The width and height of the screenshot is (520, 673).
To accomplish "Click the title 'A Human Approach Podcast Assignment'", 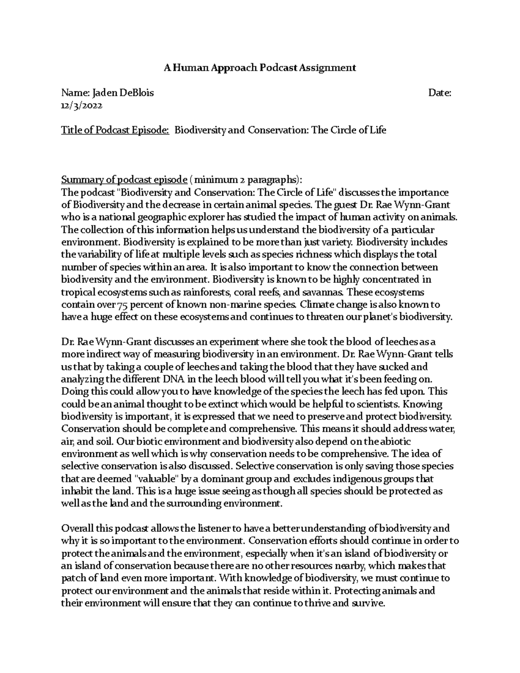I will (260, 68).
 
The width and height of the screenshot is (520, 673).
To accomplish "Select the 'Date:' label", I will (440, 93).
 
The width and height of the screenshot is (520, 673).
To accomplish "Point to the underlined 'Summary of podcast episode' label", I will (124, 180).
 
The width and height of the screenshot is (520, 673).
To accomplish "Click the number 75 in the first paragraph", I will (124, 305).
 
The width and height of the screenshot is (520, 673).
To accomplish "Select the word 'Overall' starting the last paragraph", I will (75, 529).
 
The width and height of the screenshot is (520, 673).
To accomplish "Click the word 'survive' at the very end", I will (369, 603).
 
